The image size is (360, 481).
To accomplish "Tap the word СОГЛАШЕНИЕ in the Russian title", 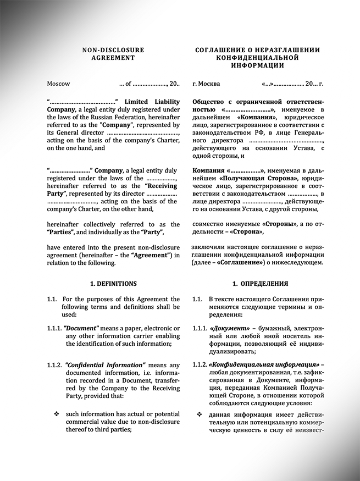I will pyautogui.click(x=220, y=50).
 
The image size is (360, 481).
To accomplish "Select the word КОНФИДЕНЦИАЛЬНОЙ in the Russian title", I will pyautogui.click(x=257, y=57).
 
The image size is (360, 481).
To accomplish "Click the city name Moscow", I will pyautogui.click(x=58, y=84).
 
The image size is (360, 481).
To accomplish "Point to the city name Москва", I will pyautogui.click(x=209, y=84).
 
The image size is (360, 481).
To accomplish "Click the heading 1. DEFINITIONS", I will pyautogui.click(x=113, y=284).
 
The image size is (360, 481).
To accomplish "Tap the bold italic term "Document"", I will pyautogui.click(x=81, y=329).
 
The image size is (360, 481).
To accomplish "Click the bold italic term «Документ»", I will pyautogui.click(x=226, y=329).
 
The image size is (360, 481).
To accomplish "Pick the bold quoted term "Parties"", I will pyautogui.click(x=62, y=232).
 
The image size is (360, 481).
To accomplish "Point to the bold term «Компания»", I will pyautogui.click(x=255, y=117).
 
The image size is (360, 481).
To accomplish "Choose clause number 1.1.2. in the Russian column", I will pyautogui.click(x=200, y=364).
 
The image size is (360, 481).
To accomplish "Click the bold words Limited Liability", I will pyautogui.click(x=152, y=102).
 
